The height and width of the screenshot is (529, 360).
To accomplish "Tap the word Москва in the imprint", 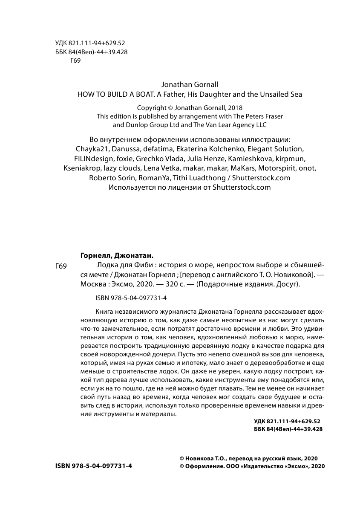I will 92,285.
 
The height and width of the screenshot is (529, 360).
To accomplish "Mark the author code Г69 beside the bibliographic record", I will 61,266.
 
